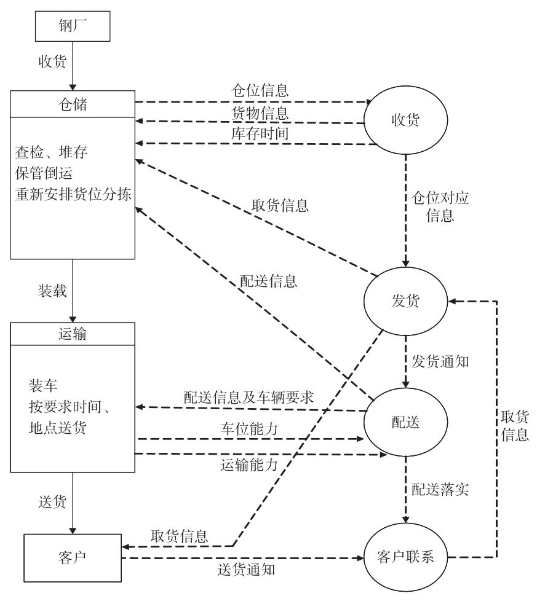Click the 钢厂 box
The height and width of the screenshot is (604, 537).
71,27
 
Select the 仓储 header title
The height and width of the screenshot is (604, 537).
71,104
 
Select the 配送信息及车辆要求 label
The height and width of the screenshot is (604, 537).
249,396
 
